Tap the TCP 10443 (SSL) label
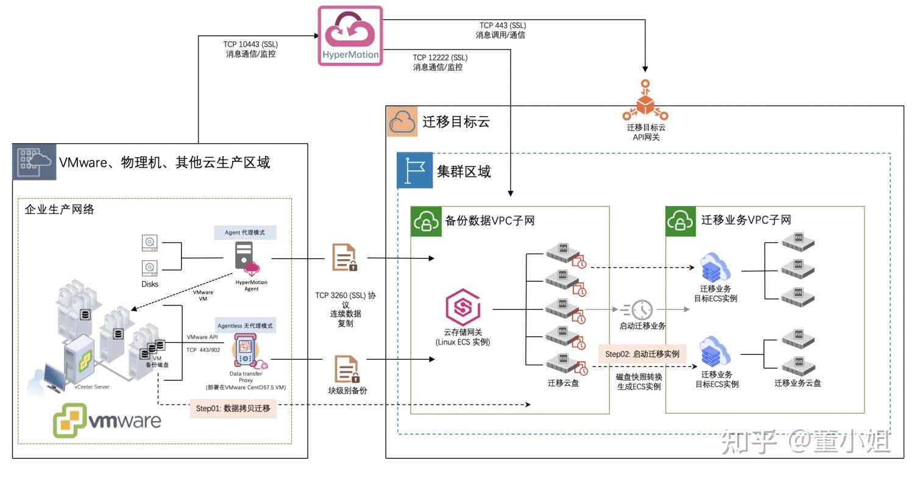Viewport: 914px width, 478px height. coord(250,45)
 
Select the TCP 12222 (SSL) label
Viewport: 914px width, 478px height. coord(440,58)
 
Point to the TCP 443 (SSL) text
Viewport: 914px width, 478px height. coord(502,25)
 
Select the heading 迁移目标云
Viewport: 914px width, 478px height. coord(456,121)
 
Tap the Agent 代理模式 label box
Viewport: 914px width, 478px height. coord(245,232)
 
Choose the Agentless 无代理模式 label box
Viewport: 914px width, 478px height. coord(245,325)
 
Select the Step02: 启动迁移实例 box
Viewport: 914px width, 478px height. coord(642,353)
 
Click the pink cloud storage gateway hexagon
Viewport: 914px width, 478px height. coord(463,309)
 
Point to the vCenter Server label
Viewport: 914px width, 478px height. coord(92,387)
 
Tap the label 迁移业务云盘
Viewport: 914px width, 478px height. coord(798,383)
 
